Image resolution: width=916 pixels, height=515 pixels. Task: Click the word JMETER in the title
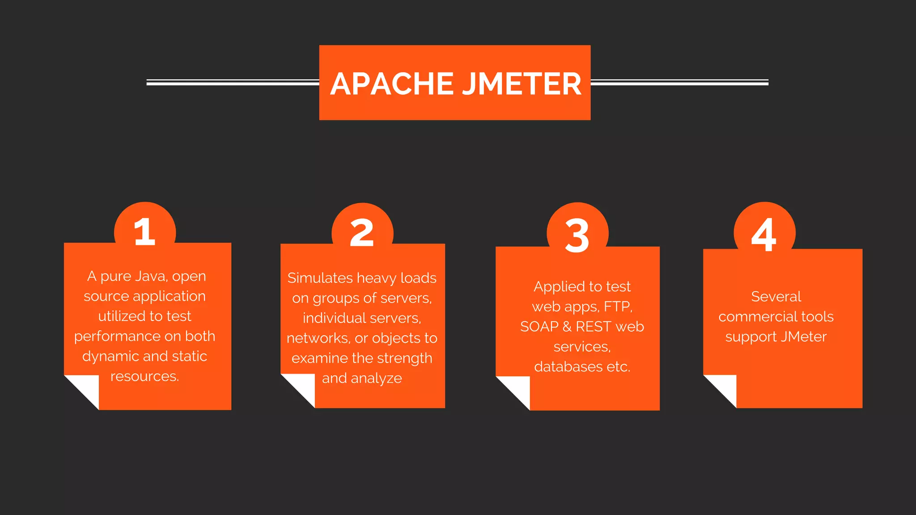click(522, 84)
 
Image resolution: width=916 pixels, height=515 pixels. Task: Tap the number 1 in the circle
click(144, 232)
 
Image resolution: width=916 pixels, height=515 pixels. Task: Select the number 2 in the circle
click(362, 233)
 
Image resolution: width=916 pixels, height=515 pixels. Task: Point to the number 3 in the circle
click(577, 235)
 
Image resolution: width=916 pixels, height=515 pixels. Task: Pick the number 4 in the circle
click(764, 234)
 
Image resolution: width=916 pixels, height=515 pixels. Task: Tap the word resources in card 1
click(144, 376)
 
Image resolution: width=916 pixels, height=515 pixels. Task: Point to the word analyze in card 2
click(376, 379)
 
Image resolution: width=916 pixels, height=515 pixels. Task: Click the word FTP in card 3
click(618, 307)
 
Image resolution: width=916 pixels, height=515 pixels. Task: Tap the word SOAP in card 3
click(539, 327)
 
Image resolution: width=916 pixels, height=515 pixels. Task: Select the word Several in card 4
click(776, 296)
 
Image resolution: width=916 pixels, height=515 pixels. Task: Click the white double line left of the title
click(233, 82)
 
